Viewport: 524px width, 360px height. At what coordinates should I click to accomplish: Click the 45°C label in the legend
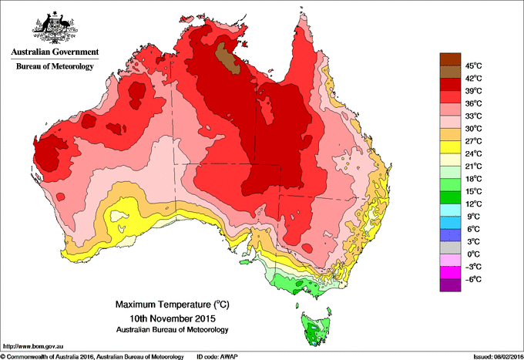pyautogui.click(x=472, y=66)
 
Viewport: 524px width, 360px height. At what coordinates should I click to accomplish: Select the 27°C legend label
pyautogui.click(x=472, y=141)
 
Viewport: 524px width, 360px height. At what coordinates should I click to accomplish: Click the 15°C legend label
pyautogui.click(x=472, y=191)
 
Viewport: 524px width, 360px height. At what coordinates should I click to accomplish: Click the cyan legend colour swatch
pyautogui.click(x=450, y=210)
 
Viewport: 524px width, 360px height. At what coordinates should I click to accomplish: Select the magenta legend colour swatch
pyautogui.click(x=450, y=272)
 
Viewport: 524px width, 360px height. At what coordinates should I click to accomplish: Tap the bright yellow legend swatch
pyautogui.click(x=450, y=147)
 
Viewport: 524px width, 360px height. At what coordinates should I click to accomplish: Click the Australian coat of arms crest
pyautogui.click(x=54, y=27)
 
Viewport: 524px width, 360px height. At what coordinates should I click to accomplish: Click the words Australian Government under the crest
pyautogui.click(x=54, y=52)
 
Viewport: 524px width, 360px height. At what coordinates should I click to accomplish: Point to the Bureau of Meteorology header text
pyautogui.click(x=54, y=67)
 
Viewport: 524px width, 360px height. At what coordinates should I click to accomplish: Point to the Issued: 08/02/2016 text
pyautogui.click(x=489, y=356)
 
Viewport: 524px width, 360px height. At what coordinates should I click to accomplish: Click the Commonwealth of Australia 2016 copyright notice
pyautogui.click(x=92, y=356)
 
